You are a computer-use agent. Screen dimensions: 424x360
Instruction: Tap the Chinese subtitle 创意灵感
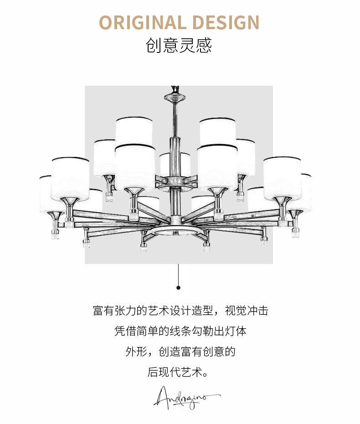click(179, 46)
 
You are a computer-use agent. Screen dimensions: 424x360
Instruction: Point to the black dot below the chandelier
click(179, 287)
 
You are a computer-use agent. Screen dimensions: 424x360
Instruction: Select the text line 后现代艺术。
click(180, 372)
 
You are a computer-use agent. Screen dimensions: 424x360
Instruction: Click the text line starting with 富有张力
click(180, 311)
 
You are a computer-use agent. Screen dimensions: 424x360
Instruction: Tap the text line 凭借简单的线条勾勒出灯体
click(180, 331)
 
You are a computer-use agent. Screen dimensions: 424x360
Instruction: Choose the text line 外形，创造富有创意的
click(180, 352)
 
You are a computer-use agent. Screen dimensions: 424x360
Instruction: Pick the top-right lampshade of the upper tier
click(217, 130)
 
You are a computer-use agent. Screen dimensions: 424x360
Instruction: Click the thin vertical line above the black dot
click(179, 274)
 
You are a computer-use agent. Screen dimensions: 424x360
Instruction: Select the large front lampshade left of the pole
click(134, 166)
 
